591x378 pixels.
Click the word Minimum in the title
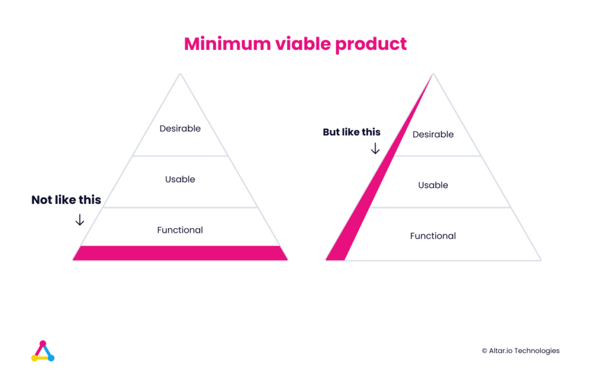point(227,44)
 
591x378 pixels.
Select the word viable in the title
point(303,44)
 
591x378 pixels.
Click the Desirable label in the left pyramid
point(180,128)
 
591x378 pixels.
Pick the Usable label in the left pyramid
point(180,179)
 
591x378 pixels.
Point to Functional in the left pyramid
point(180,230)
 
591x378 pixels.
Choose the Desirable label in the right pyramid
point(433,135)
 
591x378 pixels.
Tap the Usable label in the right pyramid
point(433,185)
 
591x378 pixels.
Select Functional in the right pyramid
point(433,236)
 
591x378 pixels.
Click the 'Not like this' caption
point(66,200)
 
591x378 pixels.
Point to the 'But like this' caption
point(351,132)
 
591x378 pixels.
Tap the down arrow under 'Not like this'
point(80,220)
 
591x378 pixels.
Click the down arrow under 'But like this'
point(375,149)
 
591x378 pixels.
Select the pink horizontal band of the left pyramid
point(180,253)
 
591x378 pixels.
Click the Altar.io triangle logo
point(43,351)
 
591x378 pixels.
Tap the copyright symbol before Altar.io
point(484,351)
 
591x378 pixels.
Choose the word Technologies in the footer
point(537,351)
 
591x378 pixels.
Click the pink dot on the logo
point(43,344)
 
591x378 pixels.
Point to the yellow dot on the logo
point(34,358)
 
